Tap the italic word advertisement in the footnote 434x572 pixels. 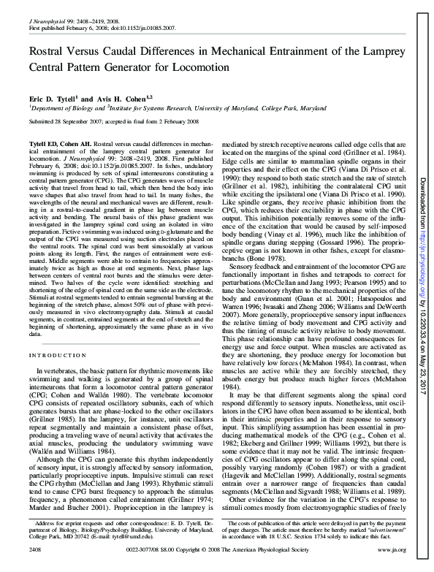point(370,549)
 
